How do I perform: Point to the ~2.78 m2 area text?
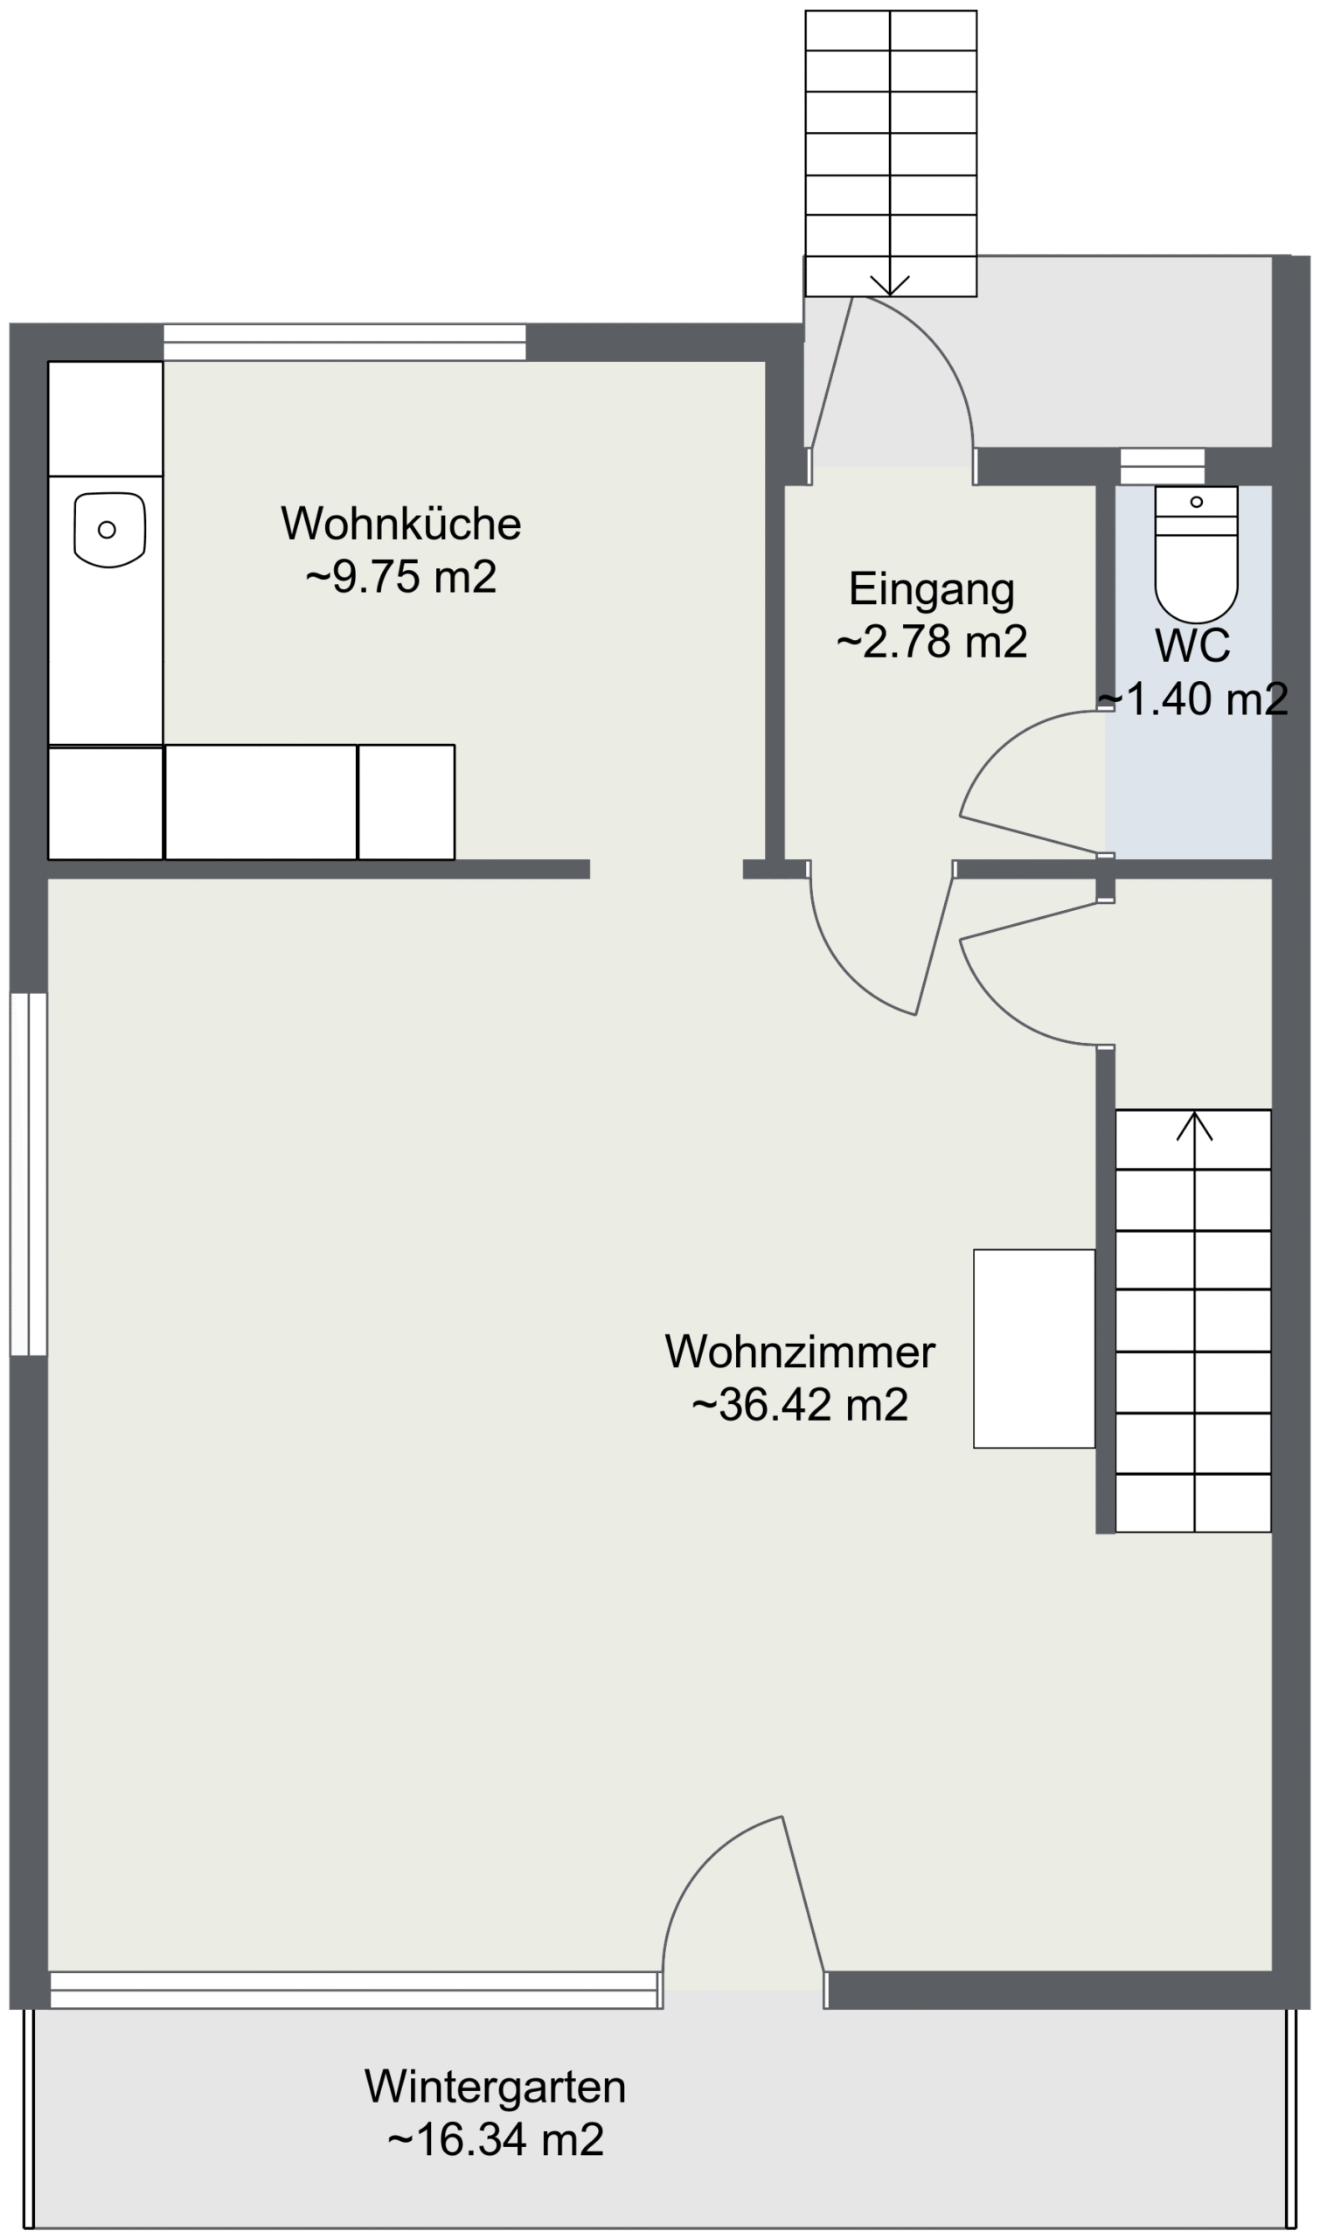tap(931, 642)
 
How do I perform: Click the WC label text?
tap(1192, 645)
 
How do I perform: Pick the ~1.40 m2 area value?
tap(1192, 699)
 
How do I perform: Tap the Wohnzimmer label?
tap(800, 1352)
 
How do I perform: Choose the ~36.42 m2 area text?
tap(800, 1405)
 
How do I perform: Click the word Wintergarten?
tap(496, 2088)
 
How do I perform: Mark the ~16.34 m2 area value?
tap(496, 2139)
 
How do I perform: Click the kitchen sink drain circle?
tap(107, 529)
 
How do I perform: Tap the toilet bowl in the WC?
tap(1197, 578)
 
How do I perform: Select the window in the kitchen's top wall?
tap(344, 343)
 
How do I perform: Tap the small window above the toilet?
tap(1162, 466)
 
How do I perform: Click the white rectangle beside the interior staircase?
tap(1033, 1349)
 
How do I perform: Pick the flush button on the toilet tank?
tap(1197, 502)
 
